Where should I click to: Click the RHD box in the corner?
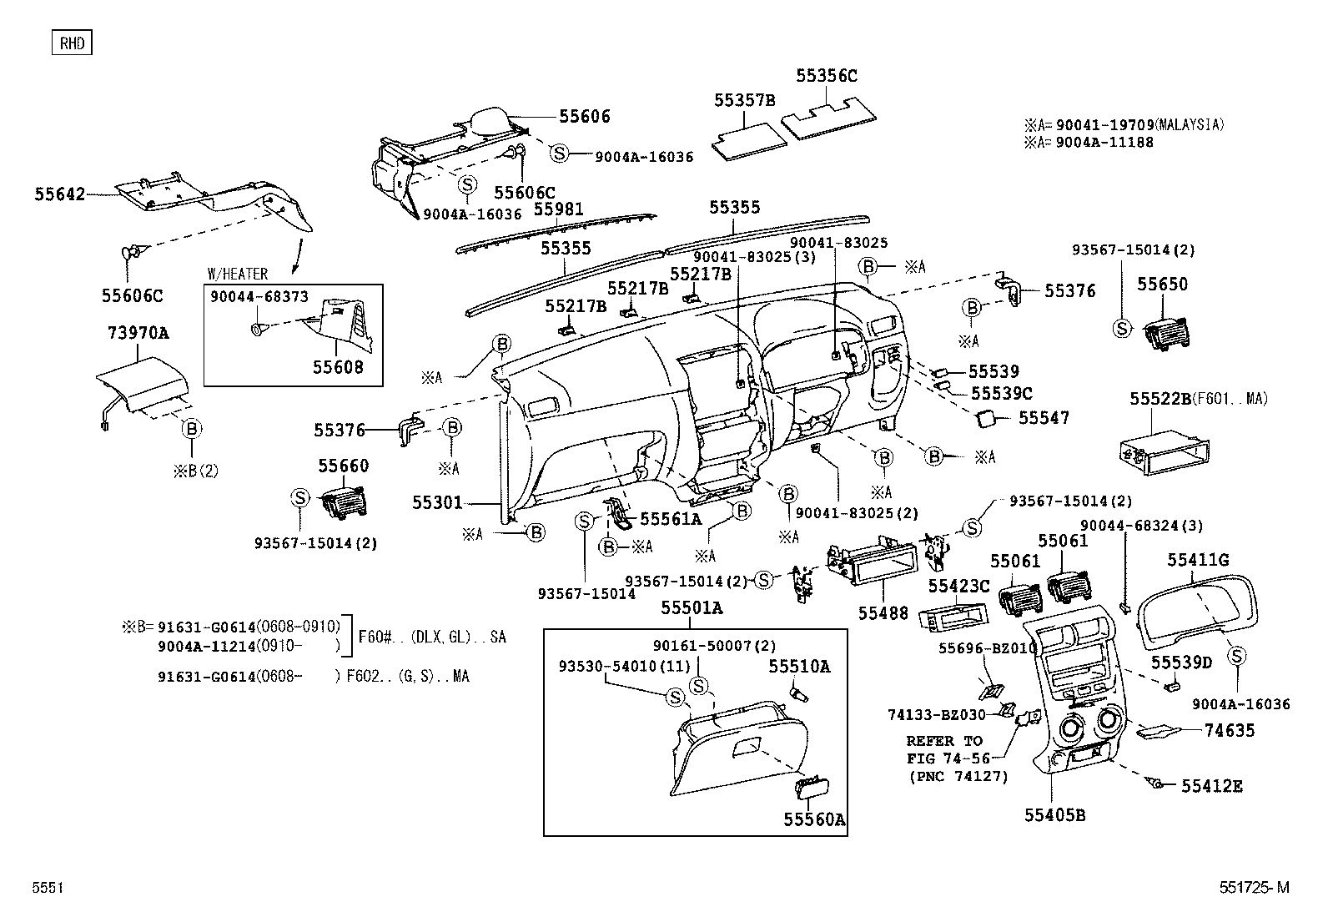[72, 43]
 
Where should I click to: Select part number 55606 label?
[584, 117]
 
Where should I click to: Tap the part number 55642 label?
[60, 194]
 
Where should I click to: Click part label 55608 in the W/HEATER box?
[338, 367]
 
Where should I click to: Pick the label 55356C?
[826, 76]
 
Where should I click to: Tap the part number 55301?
[436, 502]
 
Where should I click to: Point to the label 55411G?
[1197, 560]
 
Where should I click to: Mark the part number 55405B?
[1054, 815]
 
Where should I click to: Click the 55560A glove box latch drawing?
[810, 788]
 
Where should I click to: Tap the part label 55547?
[1044, 417]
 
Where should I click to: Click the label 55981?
[558, 209]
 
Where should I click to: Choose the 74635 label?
[1229, 731]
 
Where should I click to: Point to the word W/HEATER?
[238, 274]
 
